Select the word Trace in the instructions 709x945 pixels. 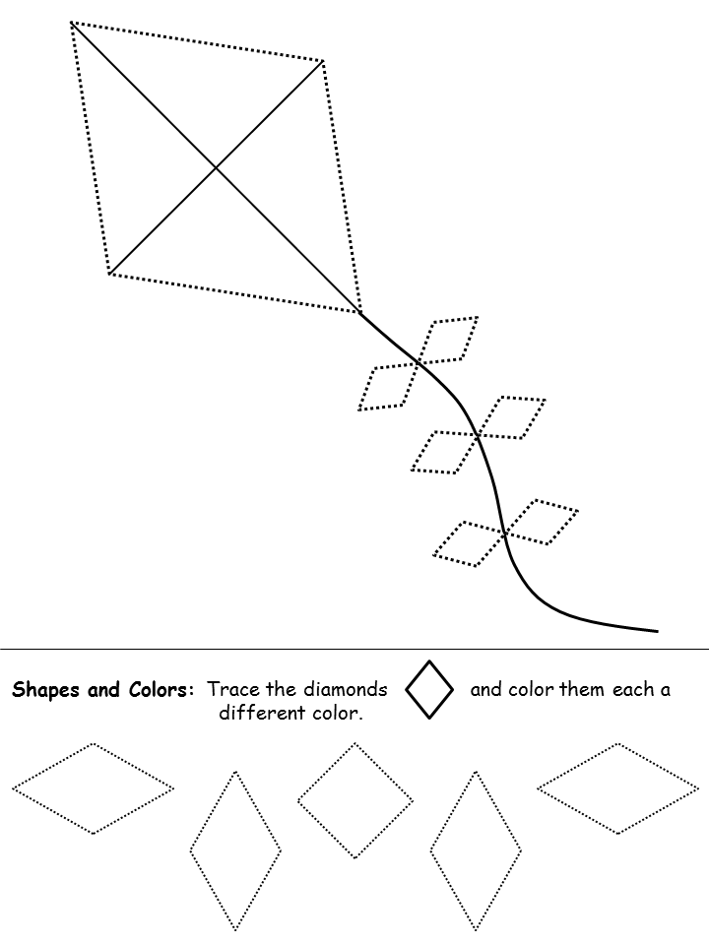point(234,689)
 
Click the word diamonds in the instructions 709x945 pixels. point(345,689)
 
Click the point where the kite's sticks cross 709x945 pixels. point(216,167)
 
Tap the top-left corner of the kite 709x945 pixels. point(71,23)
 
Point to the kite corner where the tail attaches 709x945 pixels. point(360,312)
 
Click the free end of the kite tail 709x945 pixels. point(657,631)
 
